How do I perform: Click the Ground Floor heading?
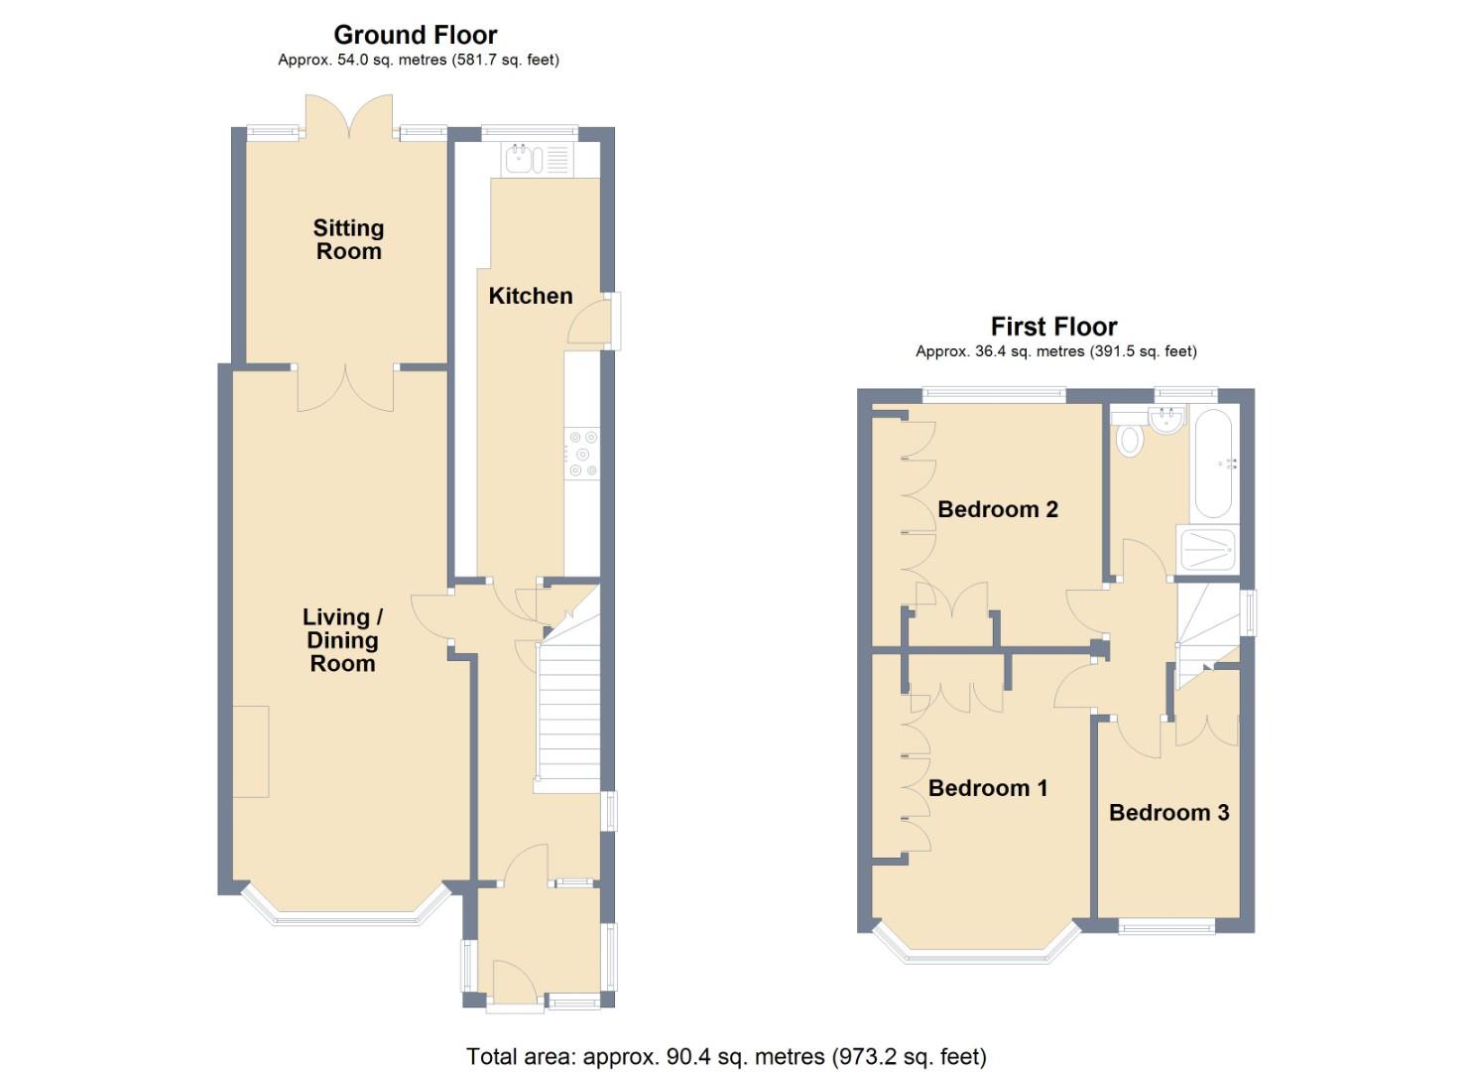[415, 35]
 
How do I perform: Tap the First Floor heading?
[1053, 327]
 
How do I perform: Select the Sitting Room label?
[348, 239]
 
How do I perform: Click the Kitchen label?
[531, 296]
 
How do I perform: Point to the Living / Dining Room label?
[342, 640]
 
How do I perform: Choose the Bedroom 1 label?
[988, 788]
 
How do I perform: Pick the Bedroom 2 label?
[997, 509]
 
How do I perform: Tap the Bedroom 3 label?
[1168, 813]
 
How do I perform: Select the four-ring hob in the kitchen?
[582, 452]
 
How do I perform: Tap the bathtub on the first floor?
[1214, 464]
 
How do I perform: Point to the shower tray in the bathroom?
[1207, 549]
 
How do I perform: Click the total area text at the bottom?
[726, 1056]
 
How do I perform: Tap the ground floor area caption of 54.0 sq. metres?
[418, 61]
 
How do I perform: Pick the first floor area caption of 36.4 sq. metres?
[1055, 351]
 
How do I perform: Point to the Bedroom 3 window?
[1166, 926]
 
